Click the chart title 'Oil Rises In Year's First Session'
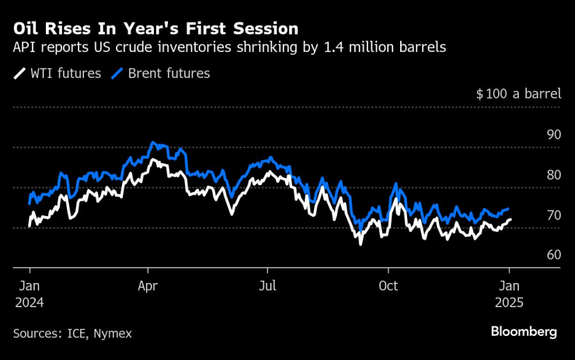click(x=155, y=29)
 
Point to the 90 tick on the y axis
click(x=553, y=135)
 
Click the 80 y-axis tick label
click(x=553, y=175)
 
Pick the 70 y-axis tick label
click(x=553, y=215)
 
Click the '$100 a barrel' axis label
click(x=518, y=94)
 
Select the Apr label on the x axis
click(x=148, y=286)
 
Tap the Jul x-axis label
click(x=267, y=286)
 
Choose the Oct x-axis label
click(x=388, y=286)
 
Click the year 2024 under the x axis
click(x=29, y=302)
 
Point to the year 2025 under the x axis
click(x=510, y=302)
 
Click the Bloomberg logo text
click(x=524, y=332)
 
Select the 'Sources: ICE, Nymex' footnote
click(x=72, y=333)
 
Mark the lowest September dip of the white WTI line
click(x=361, y=243)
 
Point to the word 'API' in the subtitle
click(x=24, y=48)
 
